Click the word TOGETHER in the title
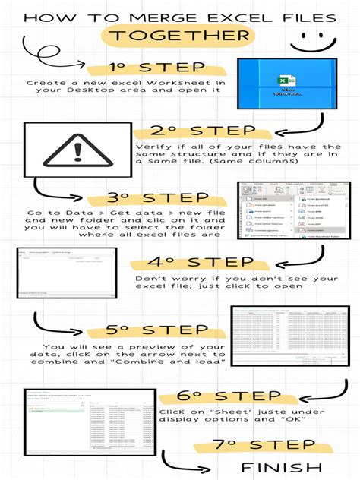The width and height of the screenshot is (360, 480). point(181,36)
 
